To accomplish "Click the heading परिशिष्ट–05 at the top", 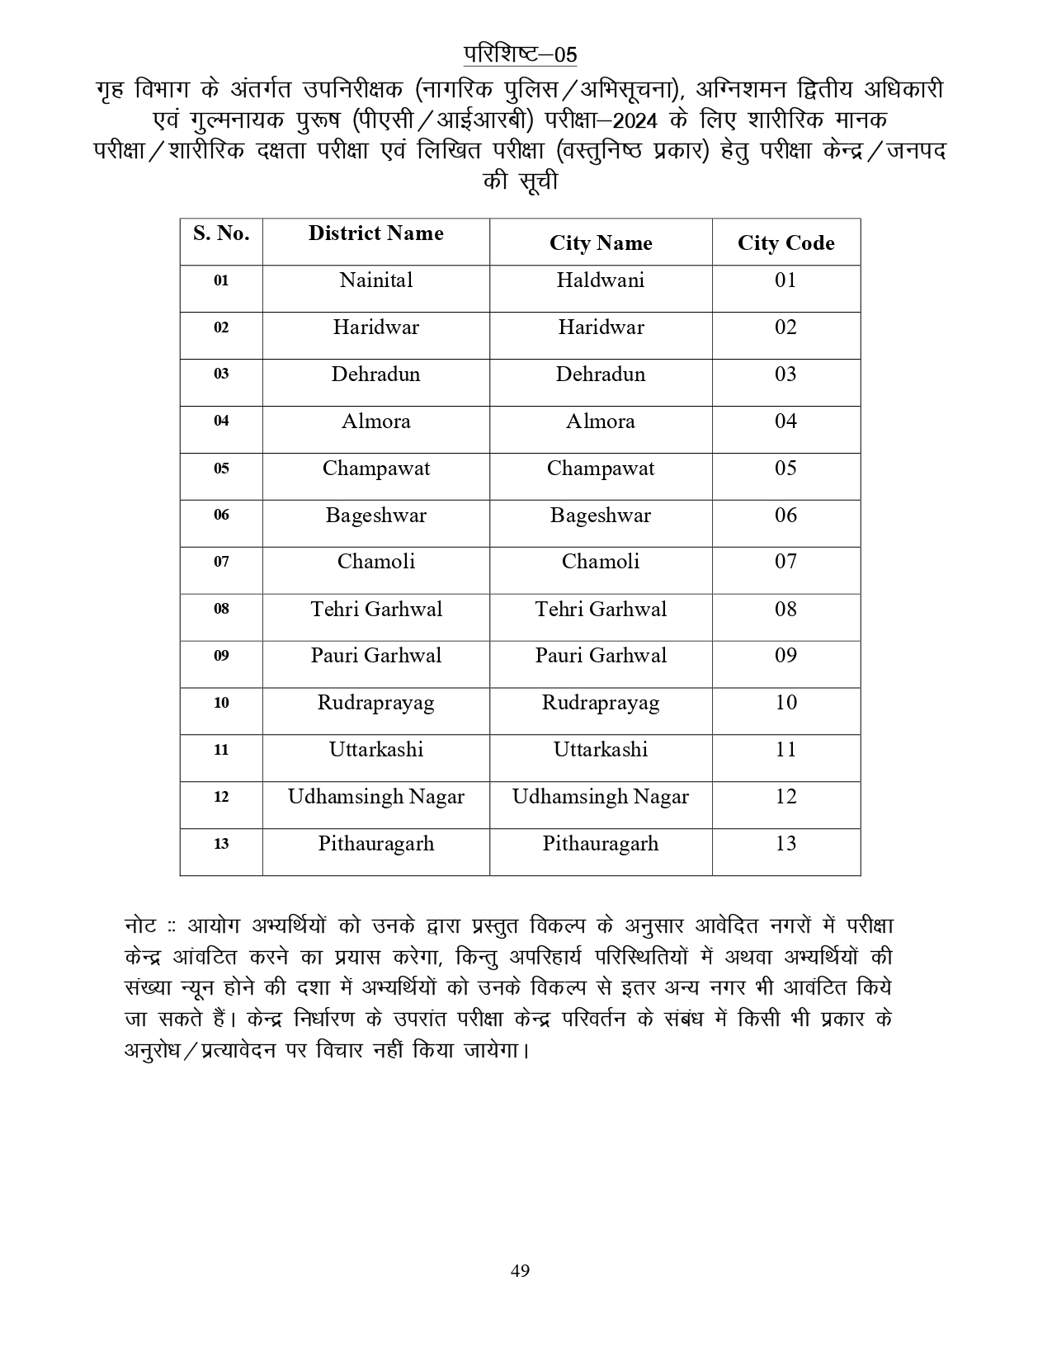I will coord(520,54).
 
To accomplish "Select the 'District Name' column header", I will coord(375,233).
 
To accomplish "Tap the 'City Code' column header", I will coord(785,243).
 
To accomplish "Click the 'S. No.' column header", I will coord(221,233).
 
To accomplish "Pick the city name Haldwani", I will coord(600,280).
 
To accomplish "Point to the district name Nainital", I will coord(375,280).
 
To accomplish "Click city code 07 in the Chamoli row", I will coord(785,562).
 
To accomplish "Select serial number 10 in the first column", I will coord(221,703).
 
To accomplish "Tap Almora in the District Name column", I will coord(375,421).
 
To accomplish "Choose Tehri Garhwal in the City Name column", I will coord(600,610).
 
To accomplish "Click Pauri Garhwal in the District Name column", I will coord(375,656).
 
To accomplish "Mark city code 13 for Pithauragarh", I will coord(785,844).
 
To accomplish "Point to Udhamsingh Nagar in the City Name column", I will coord(600,797).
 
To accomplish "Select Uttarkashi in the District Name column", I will coord(375,750).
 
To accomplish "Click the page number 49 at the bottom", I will coord(520,1270).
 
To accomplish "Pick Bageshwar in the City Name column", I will coord(600,516).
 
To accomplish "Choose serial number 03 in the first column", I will coord(221,374).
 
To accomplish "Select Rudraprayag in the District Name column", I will coord(375,703).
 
